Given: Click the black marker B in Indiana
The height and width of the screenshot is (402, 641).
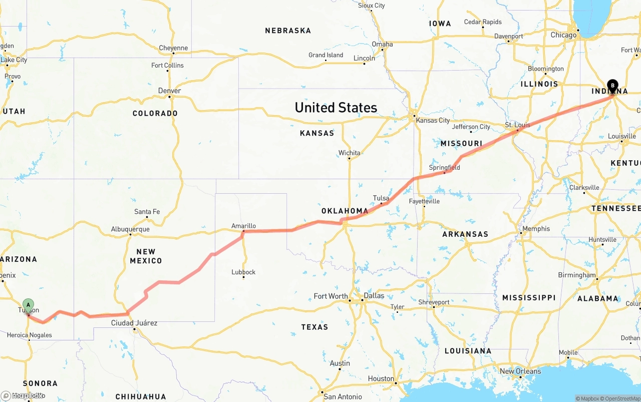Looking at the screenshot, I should pyautogui.click(x=612, y=86).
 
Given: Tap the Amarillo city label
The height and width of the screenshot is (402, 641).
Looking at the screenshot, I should pyautogui.click(x=243, y=226).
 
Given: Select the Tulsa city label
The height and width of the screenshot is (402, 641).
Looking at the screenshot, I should pyautogui.click(x=381, y=198).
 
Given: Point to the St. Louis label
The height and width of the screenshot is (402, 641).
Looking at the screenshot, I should pyautogui.click(x=517, y=124).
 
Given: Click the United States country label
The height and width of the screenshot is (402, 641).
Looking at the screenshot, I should pyautogui.click(x=336, y=108).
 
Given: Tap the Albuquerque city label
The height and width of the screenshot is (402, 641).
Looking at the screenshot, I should pyautogui.click(x=130, y=229).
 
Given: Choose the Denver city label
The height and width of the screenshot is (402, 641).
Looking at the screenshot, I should pyautogui.click(x=169, y=91).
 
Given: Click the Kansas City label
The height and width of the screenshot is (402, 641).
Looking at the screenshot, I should pyautogui.click(x=433, y=120).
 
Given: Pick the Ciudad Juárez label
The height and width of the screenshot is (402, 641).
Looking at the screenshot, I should pyautogui.click(x=134, y=323).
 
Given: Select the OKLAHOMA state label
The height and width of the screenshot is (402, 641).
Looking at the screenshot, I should pyautogui.click(x=345, y=211).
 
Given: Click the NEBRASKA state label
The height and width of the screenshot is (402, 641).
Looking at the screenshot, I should pyautogui.click(x=288, y=31).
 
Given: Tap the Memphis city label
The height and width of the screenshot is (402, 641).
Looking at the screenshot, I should pyautogui.click(x=536, y=229).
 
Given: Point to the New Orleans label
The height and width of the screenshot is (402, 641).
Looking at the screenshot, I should pyautogui.click(x=520, y=371).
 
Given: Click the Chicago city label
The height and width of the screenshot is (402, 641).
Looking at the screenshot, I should pyautogui.click(x=563, y=35).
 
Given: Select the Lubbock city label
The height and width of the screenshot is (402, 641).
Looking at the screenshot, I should pyautogui.click(x=243, y=272).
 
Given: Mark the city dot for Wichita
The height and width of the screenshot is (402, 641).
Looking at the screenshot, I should pyautogui.click(x=349, y=159).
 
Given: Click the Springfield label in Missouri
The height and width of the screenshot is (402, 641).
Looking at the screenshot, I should pyautogui.click(x=444, y=167).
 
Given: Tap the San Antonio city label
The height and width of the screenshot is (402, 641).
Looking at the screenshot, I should pyautogui.click(x=343, y=396).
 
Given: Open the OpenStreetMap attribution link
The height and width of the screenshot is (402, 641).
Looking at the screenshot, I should pyautogui.click(x=622, y=398).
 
